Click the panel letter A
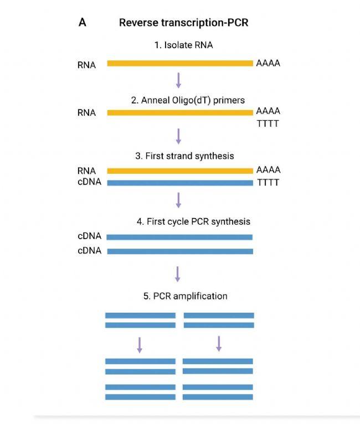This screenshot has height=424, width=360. point(83,23)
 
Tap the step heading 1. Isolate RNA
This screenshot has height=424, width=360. point(183,45)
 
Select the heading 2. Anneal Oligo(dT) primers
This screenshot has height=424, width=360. point(188,100)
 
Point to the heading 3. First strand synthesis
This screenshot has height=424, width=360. point(184,156)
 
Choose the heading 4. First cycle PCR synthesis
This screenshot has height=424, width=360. point(193,221)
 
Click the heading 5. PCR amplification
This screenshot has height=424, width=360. point(185,296)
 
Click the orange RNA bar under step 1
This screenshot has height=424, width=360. point(180,64)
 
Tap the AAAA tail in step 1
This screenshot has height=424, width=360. point(268,63)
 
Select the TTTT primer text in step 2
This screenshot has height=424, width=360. point(268,123)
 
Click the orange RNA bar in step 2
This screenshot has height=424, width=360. point(180,113)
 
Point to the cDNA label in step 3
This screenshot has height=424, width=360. point(90,182)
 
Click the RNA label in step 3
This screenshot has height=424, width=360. point(87,170)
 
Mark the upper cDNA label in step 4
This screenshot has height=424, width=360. point(90,236)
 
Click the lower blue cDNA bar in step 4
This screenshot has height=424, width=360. point(180,251)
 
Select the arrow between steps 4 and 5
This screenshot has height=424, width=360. point(178,273)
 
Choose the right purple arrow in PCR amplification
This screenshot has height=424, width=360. point(219,344)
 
